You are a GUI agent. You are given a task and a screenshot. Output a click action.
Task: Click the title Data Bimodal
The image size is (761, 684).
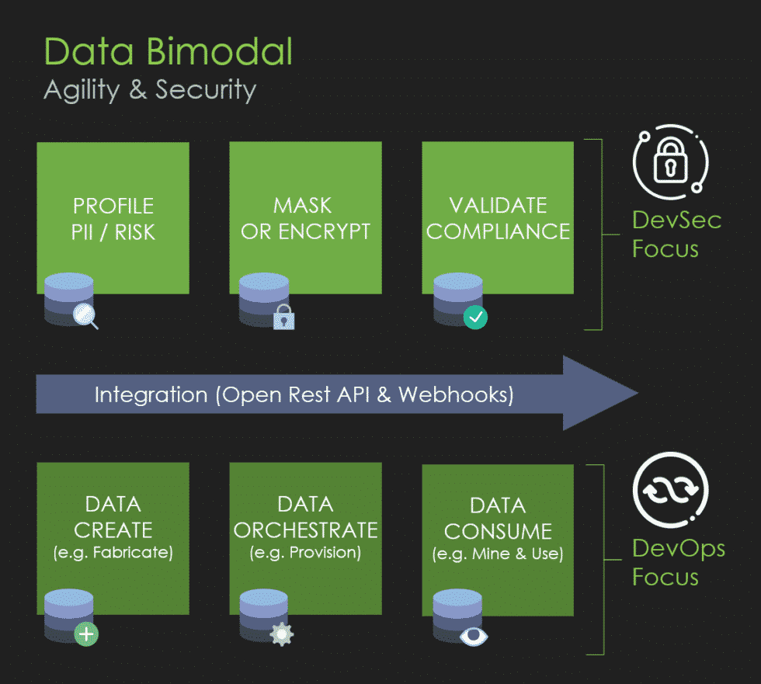click(x=169, y=51)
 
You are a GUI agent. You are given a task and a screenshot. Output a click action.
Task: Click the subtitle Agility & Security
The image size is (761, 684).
click(x=150, y=89)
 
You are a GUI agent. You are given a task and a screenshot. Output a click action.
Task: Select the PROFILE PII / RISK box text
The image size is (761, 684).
click(x=113, y=218)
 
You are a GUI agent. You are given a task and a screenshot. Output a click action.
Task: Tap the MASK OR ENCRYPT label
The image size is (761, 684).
click(x=305, y=218)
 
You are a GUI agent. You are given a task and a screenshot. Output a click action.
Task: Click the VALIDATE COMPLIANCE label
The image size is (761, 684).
click(x=498, y=218)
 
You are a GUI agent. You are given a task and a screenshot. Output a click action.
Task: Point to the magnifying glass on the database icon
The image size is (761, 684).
click(x=85, y=315)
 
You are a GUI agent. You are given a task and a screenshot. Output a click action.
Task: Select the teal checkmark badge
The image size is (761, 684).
click(x=475, y=317)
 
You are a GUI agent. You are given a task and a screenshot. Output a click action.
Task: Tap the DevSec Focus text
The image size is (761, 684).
click(x=676, y=234)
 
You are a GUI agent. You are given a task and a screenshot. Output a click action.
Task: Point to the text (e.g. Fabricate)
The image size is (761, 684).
click(x=113, y=554)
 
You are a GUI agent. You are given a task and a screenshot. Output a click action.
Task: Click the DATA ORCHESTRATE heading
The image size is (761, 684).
click(x=305, y=517)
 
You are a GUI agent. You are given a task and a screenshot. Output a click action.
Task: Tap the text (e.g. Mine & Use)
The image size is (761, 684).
click(x=498, y=555)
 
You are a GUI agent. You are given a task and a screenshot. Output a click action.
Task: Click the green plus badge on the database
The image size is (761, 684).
click(x=86, y=634)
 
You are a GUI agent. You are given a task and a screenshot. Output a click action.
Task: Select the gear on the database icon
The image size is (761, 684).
click(x=280, y=634)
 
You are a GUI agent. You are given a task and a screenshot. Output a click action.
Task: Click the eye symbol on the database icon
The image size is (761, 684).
click(x=472, y=635)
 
